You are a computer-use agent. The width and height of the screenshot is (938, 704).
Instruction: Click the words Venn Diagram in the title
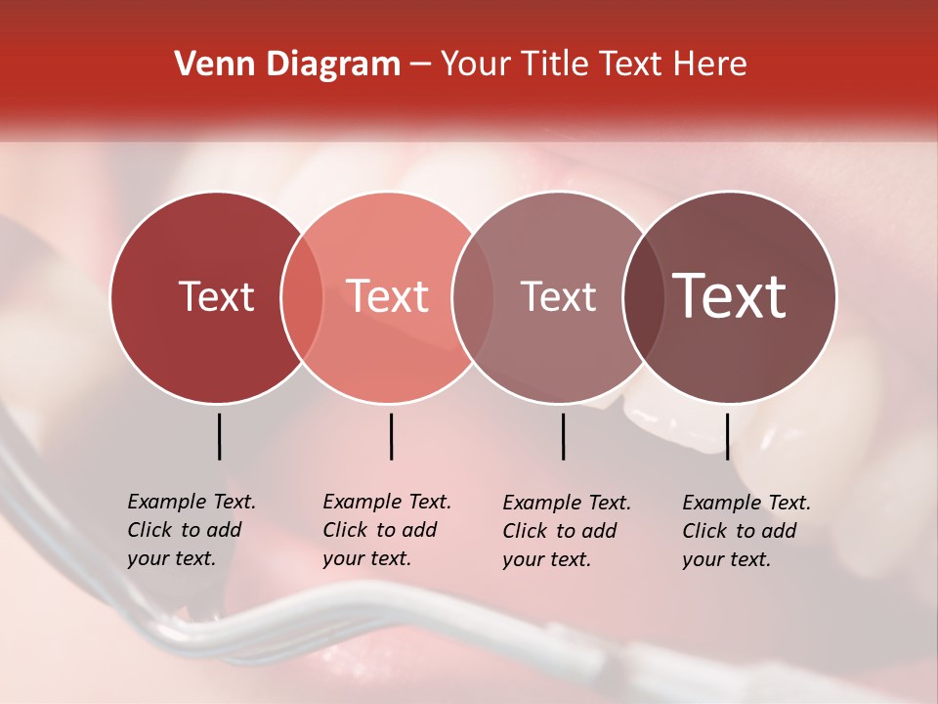point(286,64)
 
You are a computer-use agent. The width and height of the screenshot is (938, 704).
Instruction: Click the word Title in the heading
point(552,64)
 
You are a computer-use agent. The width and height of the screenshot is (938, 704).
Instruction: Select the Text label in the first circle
point(216,296)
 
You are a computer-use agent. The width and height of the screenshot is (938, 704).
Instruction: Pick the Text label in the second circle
point(388,296)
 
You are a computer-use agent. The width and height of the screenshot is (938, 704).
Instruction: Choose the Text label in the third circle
point(559,296)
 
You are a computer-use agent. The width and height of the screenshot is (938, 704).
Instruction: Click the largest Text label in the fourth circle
point(730,296)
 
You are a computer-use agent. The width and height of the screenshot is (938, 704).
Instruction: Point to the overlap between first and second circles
point(302,297)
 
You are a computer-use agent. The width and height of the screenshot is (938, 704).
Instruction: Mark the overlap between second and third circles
point(473,297)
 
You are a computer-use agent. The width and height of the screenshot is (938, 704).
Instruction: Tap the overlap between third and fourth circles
point(644,297)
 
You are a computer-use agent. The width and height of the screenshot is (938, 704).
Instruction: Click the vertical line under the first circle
point(219,436)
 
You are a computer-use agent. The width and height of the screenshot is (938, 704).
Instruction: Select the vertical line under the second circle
point(391,436)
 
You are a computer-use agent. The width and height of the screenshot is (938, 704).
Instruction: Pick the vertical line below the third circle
point(563,436)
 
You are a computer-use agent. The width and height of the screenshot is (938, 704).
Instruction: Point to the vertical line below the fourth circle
point(727,436)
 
